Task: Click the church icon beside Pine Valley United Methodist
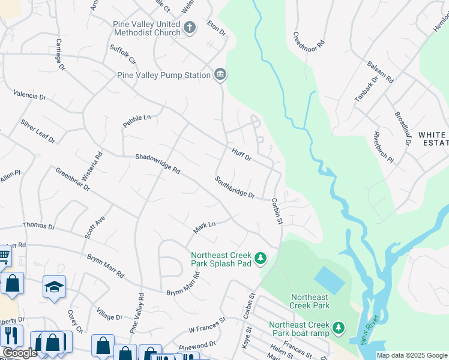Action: click(x=190, y=27)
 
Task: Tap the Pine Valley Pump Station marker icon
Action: click(x=220, y=75)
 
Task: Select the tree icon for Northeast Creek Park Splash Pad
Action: click(x=260, y=258)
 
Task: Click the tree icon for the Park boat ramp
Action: click(x=339, y=328)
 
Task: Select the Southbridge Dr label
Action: click(x=235, y=187)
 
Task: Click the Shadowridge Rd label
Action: click(x=157, y=163)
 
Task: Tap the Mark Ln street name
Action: click(x=204, y=227)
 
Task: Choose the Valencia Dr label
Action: click(x=30, y=95)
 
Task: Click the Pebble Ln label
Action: click(x=137, y=118)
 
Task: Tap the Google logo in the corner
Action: click(x=20, y=353)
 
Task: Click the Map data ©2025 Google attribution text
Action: click(x=411, y=355)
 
